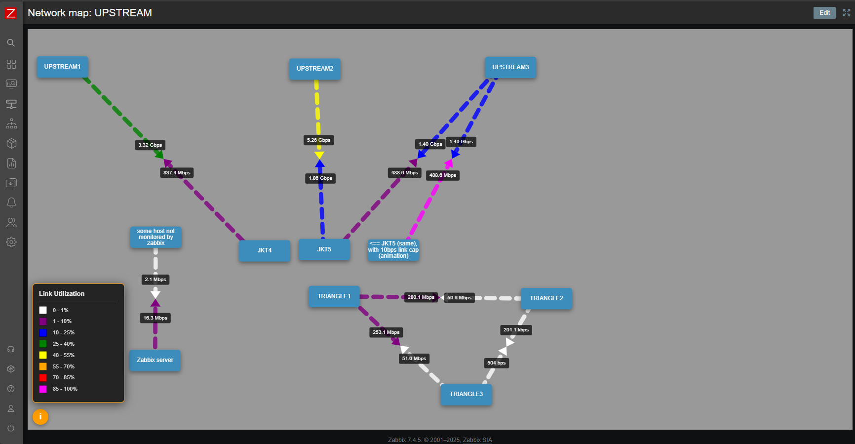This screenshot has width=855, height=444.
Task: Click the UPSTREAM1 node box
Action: pyautogui.click(x=62, y=67)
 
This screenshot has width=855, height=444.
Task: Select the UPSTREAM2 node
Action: pyautogui.click(x=314, y=69)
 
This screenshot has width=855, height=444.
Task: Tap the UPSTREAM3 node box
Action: pyautogui.click(x=510, y=68)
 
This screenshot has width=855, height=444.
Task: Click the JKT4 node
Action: pyautogui.click(x=264, y=250)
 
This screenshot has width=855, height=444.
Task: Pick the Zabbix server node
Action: pyautogui.click(x=155, y=360)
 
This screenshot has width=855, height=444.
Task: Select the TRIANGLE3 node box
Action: pyautogui.click(x=466, y=394)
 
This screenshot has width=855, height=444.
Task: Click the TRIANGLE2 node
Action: pyautogui.click(x=546, y=298)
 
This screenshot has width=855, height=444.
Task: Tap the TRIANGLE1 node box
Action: pyautogui.click(x=334, y=296)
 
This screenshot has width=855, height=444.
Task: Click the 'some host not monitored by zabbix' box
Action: pyautogui.click(x=155, y=237)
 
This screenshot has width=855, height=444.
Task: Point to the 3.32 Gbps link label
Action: pyautogui.click(x=150, y=145)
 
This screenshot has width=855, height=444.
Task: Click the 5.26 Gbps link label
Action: pyautogui.click(x=318, y=140)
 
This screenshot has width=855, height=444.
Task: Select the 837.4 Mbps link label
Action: pyautogui.click(x=177, y=173)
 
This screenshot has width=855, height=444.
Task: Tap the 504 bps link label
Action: pyautogui.click(x=496, y=363)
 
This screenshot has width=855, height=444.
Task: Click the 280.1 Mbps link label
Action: pyautogui.click(x=421, y=297)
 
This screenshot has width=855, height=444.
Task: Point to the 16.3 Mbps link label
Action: pyautogui.click(x=155, y=318)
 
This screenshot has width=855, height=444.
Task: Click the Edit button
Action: pyautogui.click(x=824, y=13)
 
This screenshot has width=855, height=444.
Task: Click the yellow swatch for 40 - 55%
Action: pyautogui.click(x=43, y=355)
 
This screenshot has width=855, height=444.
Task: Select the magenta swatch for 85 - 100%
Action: pyautogui.click(x=43, y=389)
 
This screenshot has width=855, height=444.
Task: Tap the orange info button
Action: pyautogui.click(x=40, y=417)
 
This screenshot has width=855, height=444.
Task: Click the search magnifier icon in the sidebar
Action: pyautogui.click(x=11, y=43)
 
